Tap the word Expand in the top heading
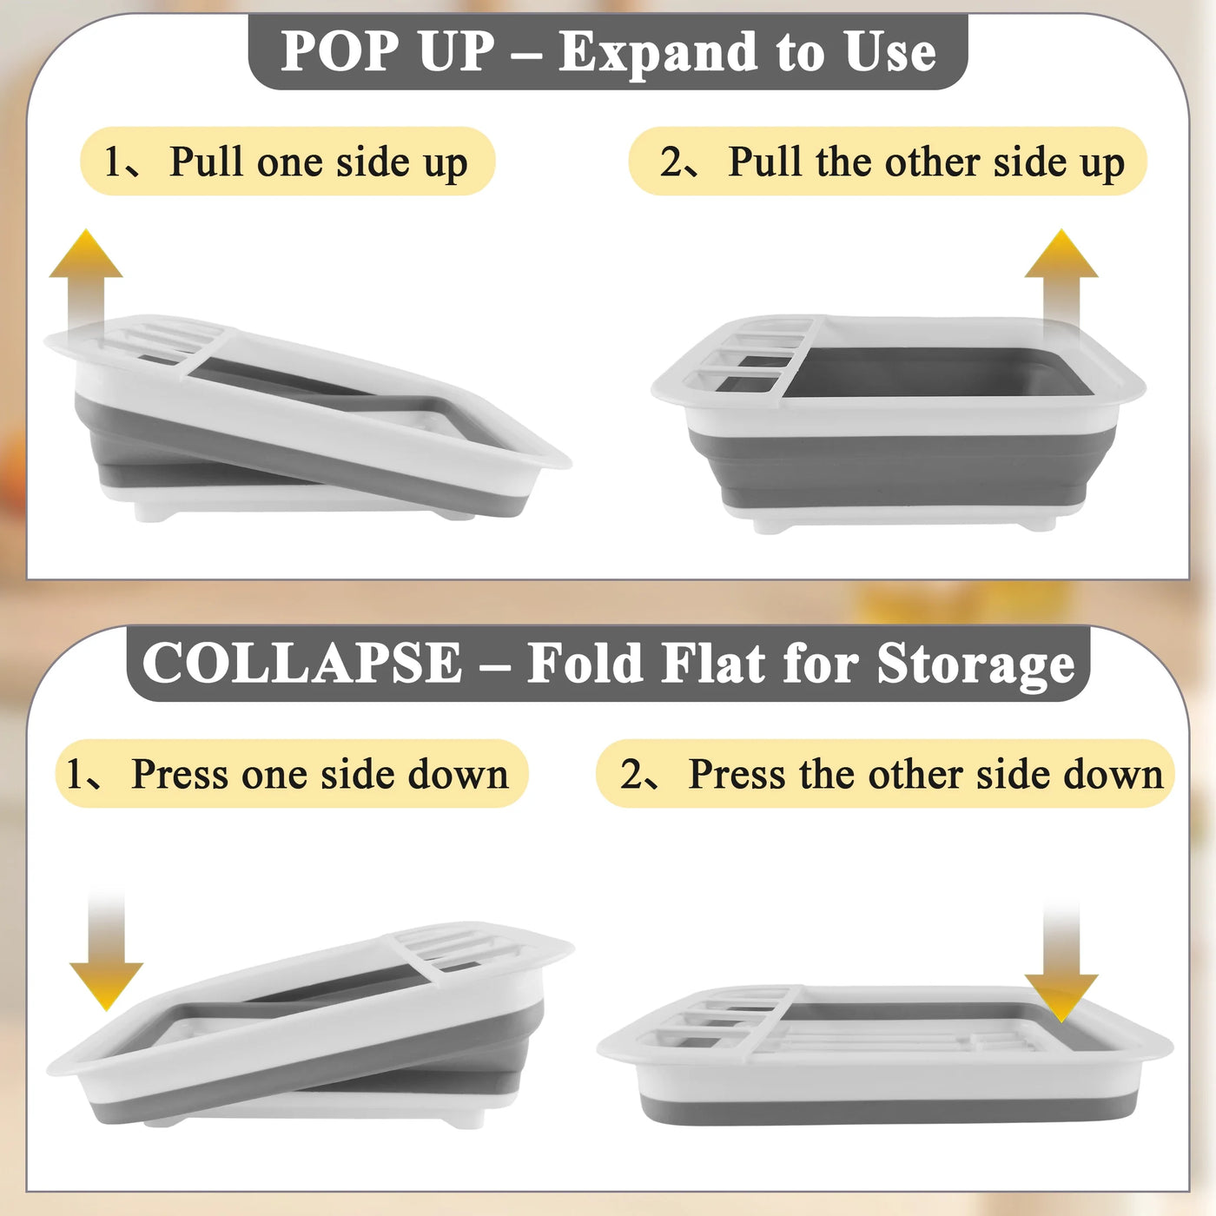[658, 54]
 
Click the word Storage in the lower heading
[975, 666]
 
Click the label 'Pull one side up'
[319, 162]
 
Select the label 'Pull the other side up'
[927, 162]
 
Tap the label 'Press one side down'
[320, 774]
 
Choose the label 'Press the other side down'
[925, 774]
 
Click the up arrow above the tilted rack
[86, 284]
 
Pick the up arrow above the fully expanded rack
[1061, 284]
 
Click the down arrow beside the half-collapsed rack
[106, 952]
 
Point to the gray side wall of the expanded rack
[902, 466]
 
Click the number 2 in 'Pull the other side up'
[668, 162]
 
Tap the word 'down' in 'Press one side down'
[458, 774]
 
